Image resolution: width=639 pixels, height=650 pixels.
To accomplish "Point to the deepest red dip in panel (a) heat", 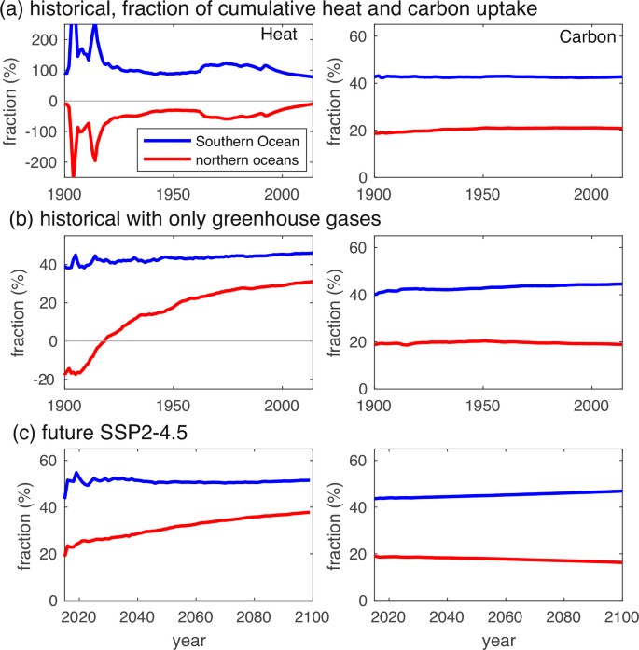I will [x=74, y=175].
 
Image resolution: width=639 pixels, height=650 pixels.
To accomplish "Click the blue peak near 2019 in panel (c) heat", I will [x=76, y=473].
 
